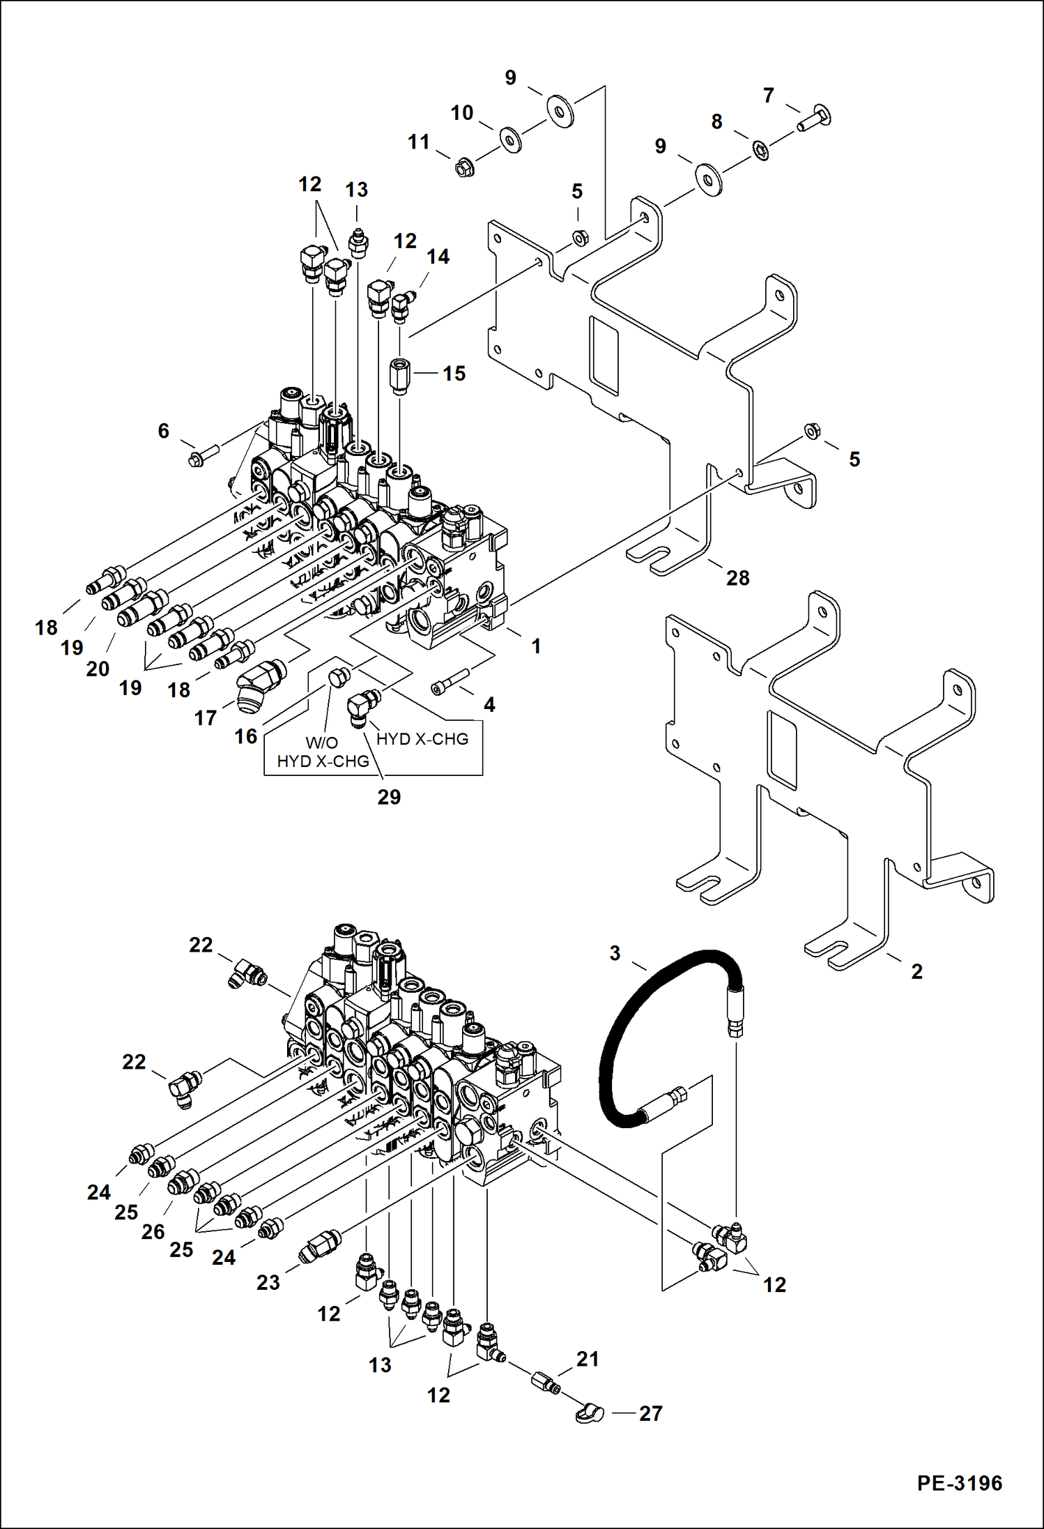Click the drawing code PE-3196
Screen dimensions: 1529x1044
pyautogui.click(x=959, y=1482)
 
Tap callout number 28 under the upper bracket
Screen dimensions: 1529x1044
pyautogui.click(x=737, y=577)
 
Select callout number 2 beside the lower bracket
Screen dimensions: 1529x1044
pyautogui.click(x=916, y=971)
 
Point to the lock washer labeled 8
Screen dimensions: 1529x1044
pyautogui.click(x=761, y=149)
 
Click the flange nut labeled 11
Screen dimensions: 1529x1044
pyautogui.click(x=463, y=167)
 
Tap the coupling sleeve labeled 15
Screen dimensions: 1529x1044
pyautogui.click(x=400, y=376)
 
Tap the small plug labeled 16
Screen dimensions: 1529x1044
pyautogui.click(x=339, y=675)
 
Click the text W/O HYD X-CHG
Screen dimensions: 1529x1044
pyautogui.click(x=323, y=752)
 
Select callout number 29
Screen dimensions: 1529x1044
pyautogui.click(x=389, y=797)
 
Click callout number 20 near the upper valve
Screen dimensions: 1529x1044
pyautogui.click(x=98, y=669)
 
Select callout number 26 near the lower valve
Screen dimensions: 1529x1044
pyautogui.click(x=153, y=1231)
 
